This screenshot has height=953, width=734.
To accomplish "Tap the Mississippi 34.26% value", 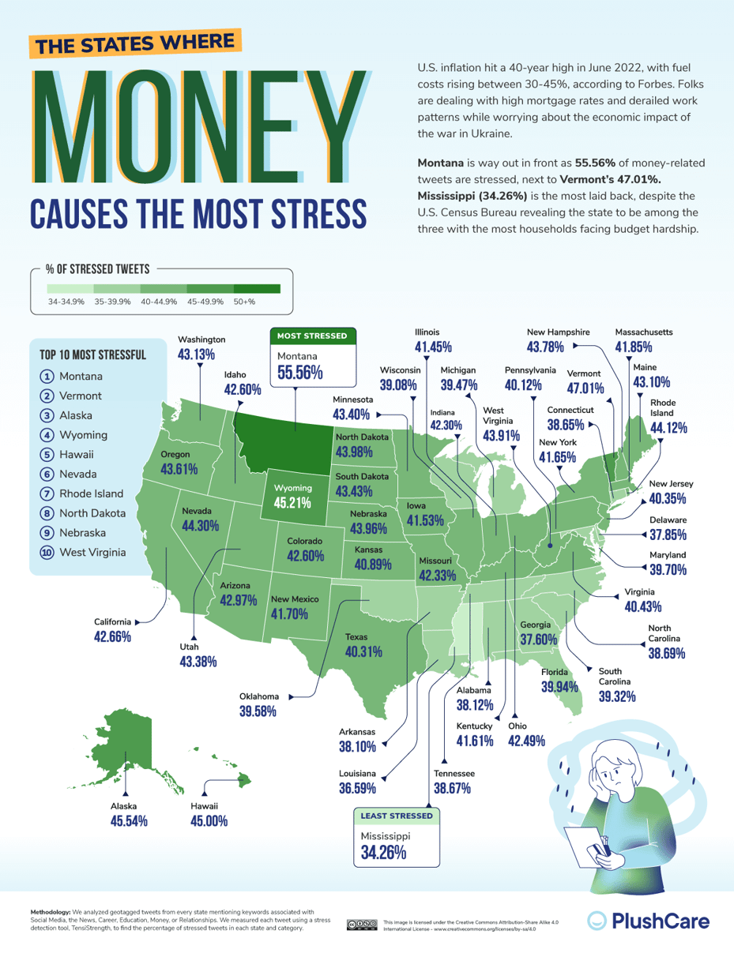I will tap(383, 853).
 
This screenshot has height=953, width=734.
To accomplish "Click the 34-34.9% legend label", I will tap(66, 302).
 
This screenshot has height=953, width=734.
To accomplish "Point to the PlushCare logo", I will tap(649, 920).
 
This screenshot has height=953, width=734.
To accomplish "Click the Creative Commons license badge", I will tap(362, 925).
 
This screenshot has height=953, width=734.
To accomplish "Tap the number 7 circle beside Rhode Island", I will tap(47, 493).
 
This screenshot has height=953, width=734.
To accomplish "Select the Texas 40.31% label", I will tap(363, 652).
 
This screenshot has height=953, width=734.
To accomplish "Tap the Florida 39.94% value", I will tap(560, 687).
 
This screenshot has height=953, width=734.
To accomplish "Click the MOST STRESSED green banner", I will tap(311, 336).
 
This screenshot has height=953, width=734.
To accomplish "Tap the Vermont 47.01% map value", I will tap(585, 388).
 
